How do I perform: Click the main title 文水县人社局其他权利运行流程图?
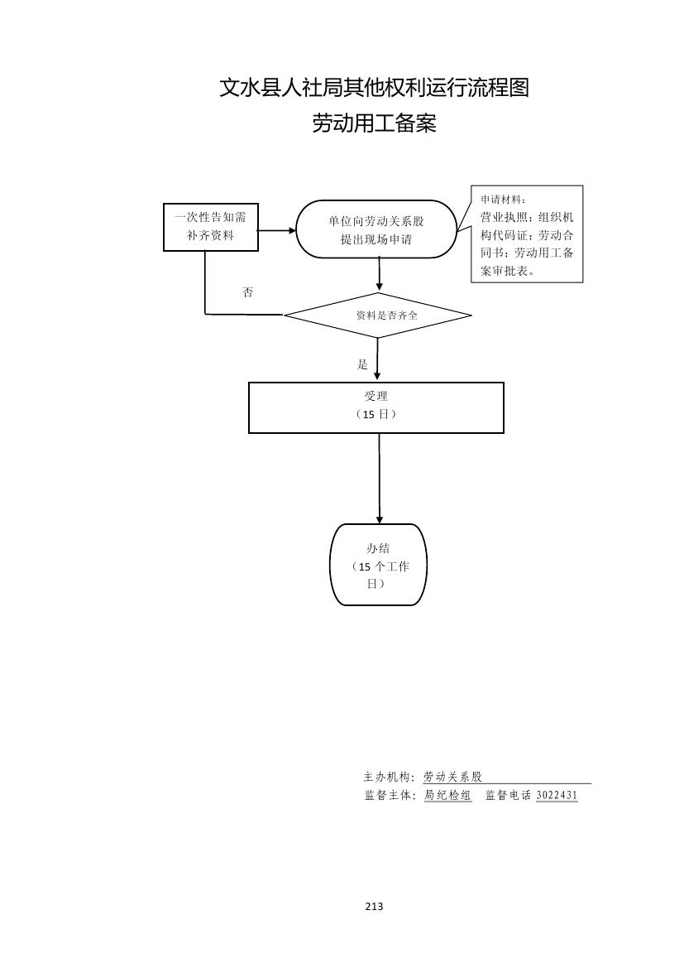click(374, 88)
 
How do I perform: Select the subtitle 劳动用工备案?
click(374, 124)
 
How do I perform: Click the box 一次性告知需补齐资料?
click(210, 227)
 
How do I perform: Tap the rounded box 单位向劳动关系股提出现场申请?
click(376, 229)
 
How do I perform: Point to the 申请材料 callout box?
click(527, 234)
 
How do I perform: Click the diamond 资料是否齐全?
click(378, 315)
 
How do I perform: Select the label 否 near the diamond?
click(247, 292)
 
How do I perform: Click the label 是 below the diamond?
click(361, 364)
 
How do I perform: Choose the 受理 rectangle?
click(376, 407)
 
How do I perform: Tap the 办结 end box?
click(378, 565)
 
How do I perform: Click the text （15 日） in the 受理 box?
click(376, 414)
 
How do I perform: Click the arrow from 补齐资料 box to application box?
click(276, 229)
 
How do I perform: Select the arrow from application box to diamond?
click(379, 274)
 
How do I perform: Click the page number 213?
click(374, 906)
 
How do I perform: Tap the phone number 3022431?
click(557, 795)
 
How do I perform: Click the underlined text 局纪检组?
click(447, 795)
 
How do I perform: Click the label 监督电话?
click(508, 795)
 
